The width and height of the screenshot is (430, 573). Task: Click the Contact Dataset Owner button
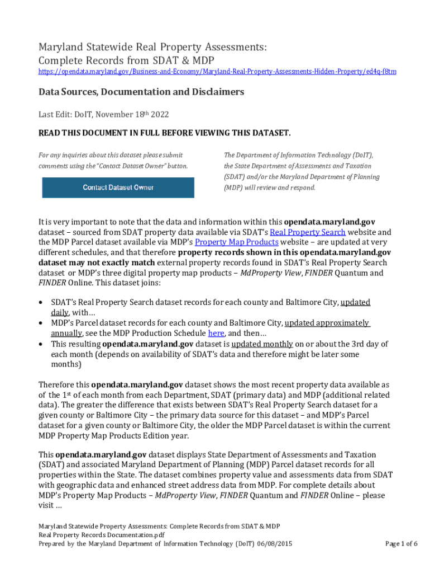click(118, 187)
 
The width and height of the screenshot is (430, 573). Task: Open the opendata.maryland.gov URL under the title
click(217, 72)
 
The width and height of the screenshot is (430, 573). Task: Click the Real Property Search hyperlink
click(308, 232)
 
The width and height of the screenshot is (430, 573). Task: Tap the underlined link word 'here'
click(216, 333)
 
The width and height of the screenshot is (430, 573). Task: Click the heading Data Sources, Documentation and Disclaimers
click(141, 92)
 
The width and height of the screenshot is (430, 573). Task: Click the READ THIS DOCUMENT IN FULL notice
click(164, 133)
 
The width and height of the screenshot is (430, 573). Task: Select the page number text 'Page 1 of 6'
click(402, 543)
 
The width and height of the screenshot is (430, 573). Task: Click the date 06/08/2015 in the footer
click(274, 543)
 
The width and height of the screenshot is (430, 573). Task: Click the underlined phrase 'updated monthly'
click(262, 344)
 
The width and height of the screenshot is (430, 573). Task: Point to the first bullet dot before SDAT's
click(42, 302)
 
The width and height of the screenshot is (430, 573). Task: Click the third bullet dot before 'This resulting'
click(42, 344)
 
